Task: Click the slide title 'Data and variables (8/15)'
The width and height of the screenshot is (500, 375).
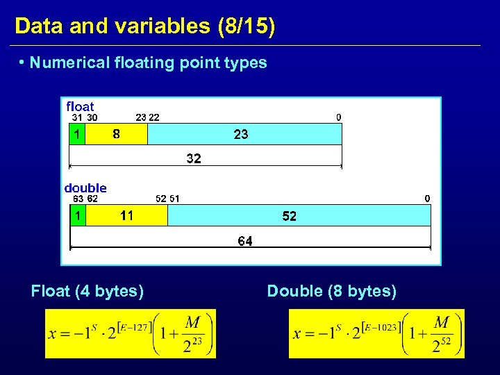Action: click(x=144, y=26)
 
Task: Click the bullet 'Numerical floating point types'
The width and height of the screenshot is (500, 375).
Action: click(x=148, y=63)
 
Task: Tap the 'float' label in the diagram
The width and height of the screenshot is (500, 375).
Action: click(x=80, y=106)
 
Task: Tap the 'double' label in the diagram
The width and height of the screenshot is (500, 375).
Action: click(x=85, y=187)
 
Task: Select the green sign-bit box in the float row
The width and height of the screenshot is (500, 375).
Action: click(x=77, y=134)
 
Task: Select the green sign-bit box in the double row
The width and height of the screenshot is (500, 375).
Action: click(x=77, y=216)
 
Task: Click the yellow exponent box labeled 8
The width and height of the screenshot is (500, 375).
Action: click(x=116, y=134)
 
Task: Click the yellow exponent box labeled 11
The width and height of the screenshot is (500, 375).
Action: click(x=126, y=216)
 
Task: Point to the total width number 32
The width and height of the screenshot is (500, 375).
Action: click(x=194, y=159)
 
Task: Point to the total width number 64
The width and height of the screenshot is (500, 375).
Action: click(x=245, y=241)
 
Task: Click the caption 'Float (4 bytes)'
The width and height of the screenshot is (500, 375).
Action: click(x=87, y=292)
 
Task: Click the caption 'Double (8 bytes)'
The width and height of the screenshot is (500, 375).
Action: click(x=332, y=292)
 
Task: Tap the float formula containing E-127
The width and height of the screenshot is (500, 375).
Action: click(x=131, y=333)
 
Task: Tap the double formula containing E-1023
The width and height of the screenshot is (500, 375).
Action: click(x=376, y=333)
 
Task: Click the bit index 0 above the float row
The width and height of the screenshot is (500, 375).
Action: click(x=339, y=117)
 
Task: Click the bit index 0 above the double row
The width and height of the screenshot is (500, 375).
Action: click(x=428, y=199)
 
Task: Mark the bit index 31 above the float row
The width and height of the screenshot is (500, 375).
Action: click(x=78, y=117)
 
